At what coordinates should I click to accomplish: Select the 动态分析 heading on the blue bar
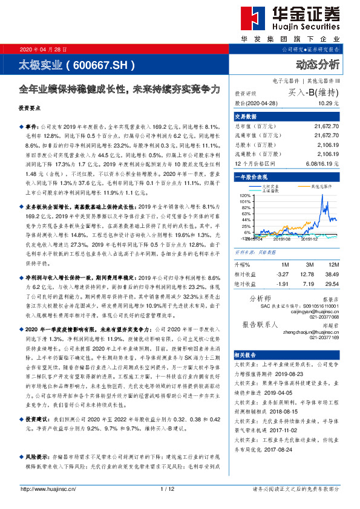[318, 64]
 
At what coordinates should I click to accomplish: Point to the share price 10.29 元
[327, 104]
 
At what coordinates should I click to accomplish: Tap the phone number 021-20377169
[325, 338]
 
